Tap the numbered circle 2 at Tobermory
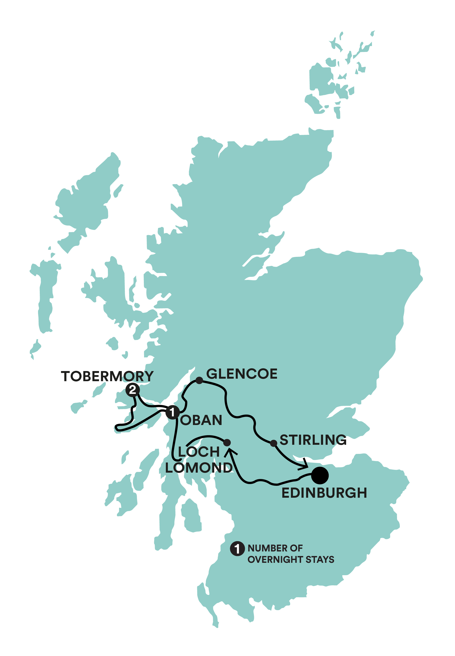(x=133, y=390)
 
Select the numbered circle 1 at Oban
(x=172, y=412)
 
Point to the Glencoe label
(x=242, y=374)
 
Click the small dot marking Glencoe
(x=199, y=380)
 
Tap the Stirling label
(x=313, y=440)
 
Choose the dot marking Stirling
(x=274, y=443)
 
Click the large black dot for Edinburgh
(x=320, y=475)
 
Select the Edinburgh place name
(x=324, y=493)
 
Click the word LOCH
(x=199, y=452)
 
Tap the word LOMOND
(x=199, y=468)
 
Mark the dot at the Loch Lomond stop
(x=227, y=442)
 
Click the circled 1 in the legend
(x=237, y=549)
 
